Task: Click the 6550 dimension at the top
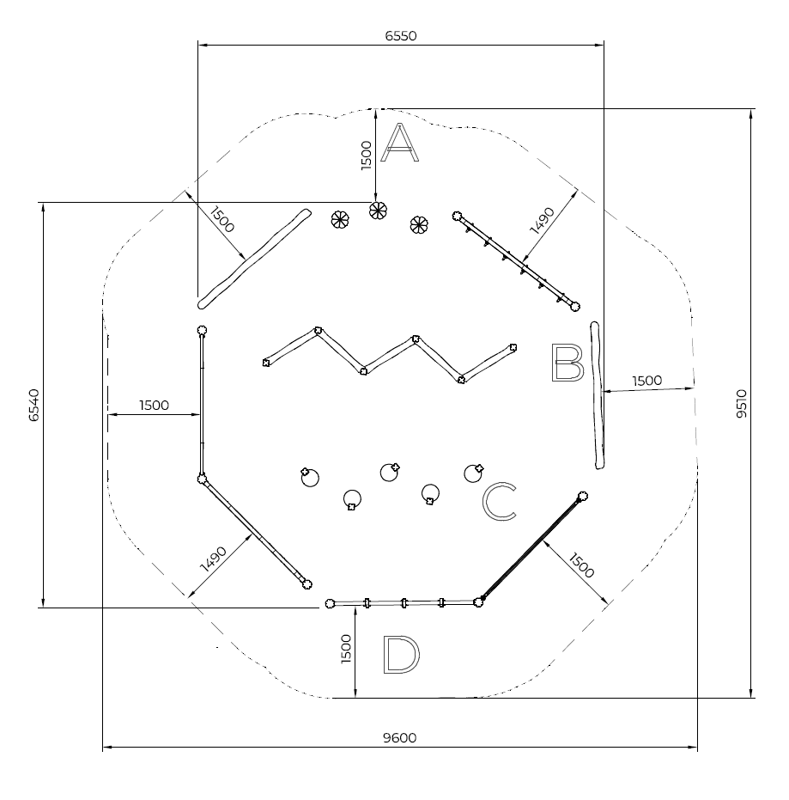401,36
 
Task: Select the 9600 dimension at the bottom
399,738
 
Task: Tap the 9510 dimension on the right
742,404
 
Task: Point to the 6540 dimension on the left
34,405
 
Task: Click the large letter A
400,143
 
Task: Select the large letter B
567,363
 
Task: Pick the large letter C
499,502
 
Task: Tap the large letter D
401,654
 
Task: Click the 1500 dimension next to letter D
346,649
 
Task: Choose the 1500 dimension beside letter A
367,156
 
